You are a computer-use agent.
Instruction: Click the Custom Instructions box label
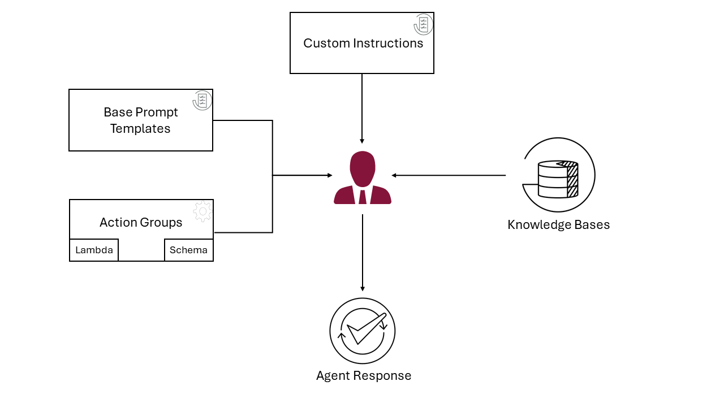(363, 44)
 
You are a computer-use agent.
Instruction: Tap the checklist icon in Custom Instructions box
(423, 24)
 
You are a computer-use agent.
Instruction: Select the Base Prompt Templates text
(140, 120)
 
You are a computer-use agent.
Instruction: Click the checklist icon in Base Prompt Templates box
(202, 100)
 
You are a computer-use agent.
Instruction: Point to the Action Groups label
(141, 222)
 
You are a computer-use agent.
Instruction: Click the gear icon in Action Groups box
(202, 211)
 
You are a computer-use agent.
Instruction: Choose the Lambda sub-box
(94, 250)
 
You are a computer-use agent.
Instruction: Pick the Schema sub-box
(188, 250)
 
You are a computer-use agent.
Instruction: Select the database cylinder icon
(558, 179)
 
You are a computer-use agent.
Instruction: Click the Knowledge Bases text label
(558, 224)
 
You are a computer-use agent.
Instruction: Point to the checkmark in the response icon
(365, 328)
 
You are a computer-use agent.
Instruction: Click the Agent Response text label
(363, 375)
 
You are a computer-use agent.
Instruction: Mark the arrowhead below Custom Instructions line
(362, 141)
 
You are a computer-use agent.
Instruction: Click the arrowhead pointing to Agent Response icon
(363, 289)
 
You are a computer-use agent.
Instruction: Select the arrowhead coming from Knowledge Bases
(394, 175)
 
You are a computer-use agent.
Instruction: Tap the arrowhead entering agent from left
(330, 175)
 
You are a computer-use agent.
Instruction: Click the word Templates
(140, 129)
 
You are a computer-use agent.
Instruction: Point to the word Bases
(592, 224)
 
